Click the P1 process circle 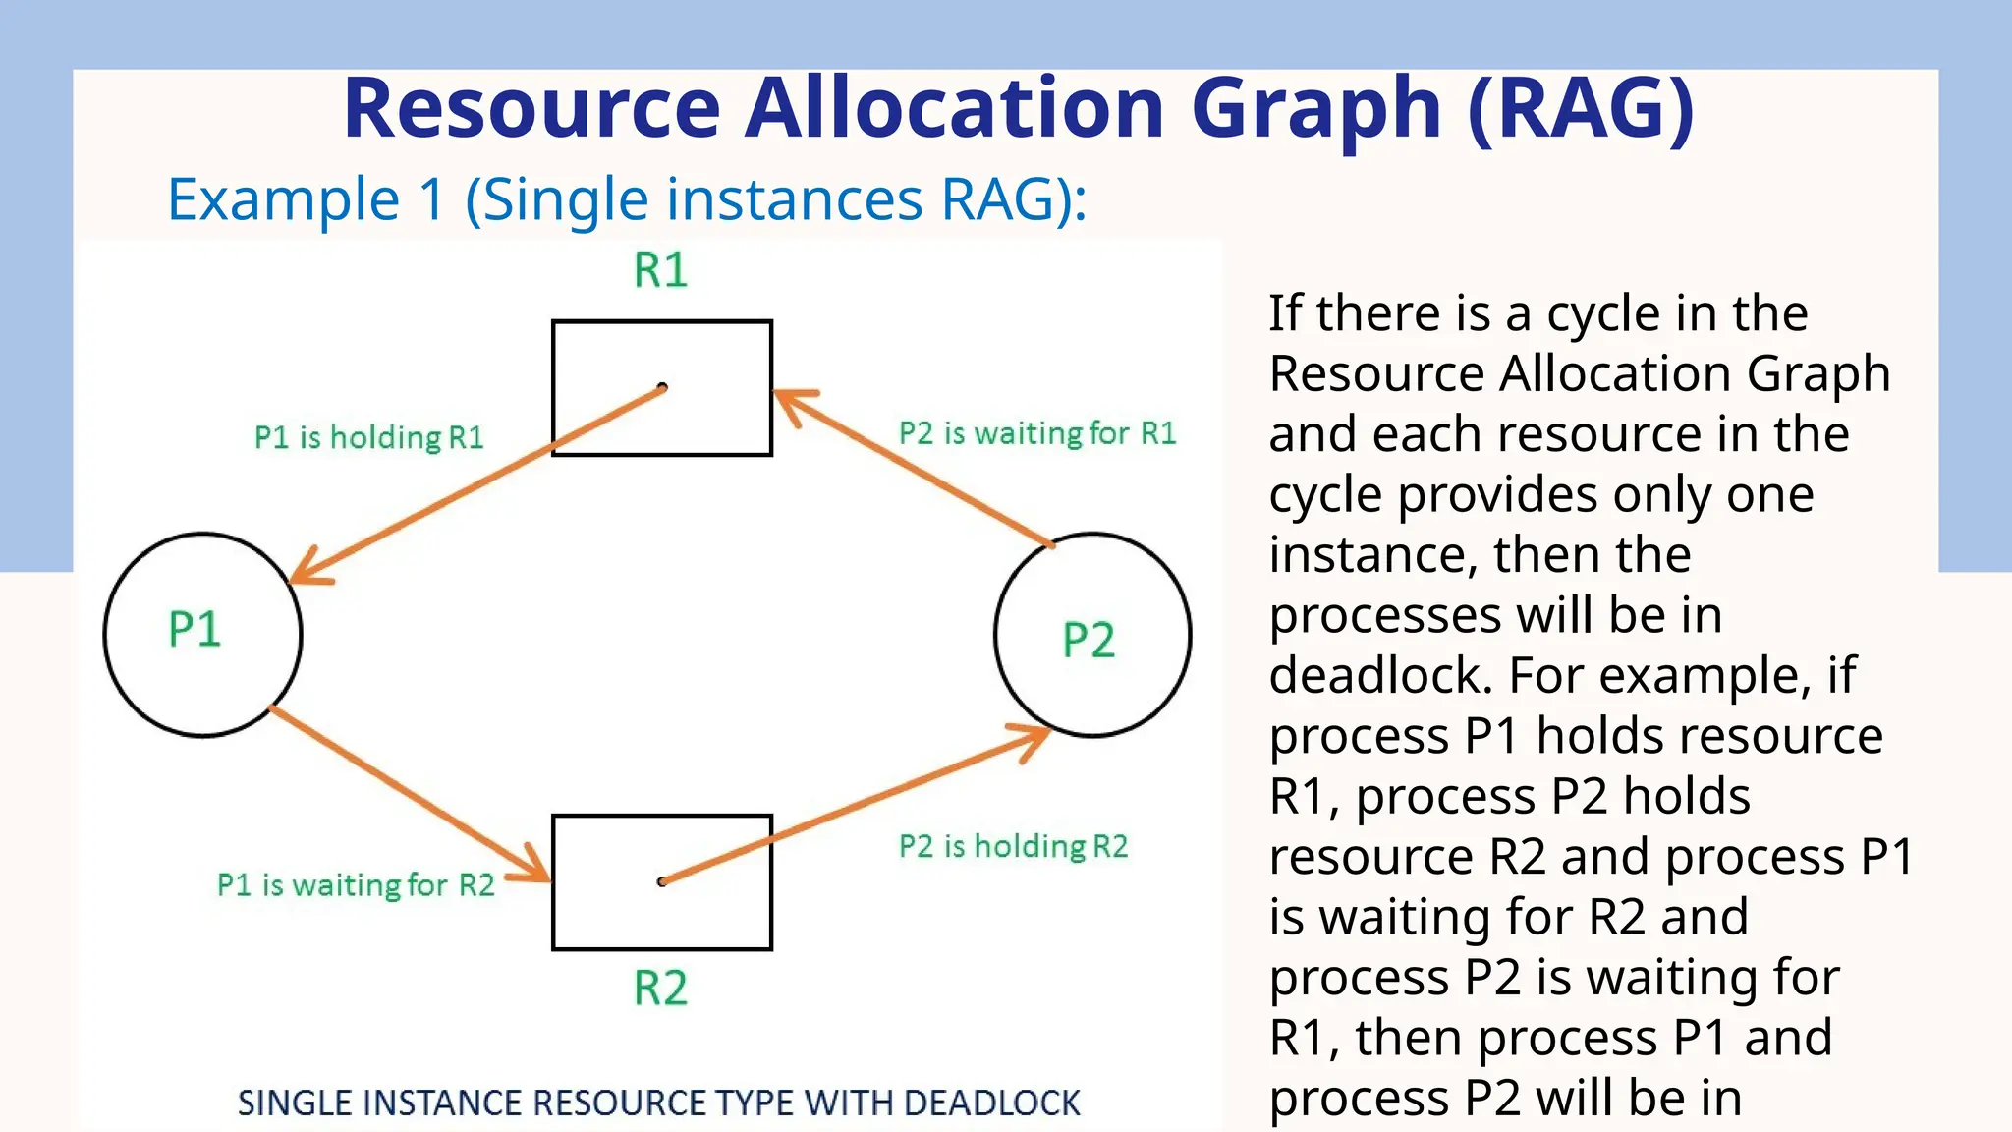(202, 635)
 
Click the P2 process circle (1092, 635)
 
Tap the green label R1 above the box (660, 270)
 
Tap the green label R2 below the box (660, 989)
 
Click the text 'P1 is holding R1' (369, 437)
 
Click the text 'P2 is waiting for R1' (1037, 433)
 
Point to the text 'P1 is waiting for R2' (356, 885)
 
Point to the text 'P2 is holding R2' (1014, 846)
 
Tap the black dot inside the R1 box (662, 387)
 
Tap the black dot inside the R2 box (662, 881)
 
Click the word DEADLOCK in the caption (991, 1104)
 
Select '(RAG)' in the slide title (1581, 108)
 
